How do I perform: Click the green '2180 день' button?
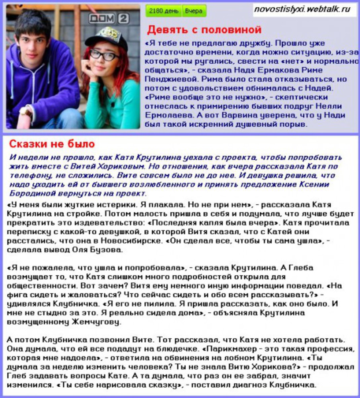[163, 11]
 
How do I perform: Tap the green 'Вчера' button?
[194, 11]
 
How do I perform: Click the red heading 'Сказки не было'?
[52, 143]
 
